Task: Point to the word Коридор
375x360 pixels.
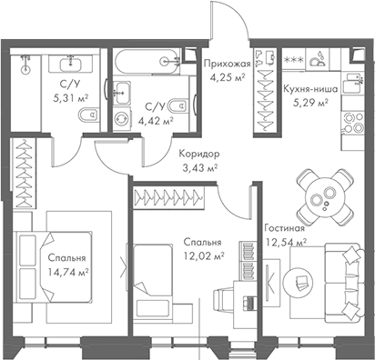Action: point(199,155)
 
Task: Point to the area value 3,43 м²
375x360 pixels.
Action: point(199,168)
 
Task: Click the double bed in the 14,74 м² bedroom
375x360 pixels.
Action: point(55,264)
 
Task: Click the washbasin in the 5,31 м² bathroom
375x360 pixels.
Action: point(70,62)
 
